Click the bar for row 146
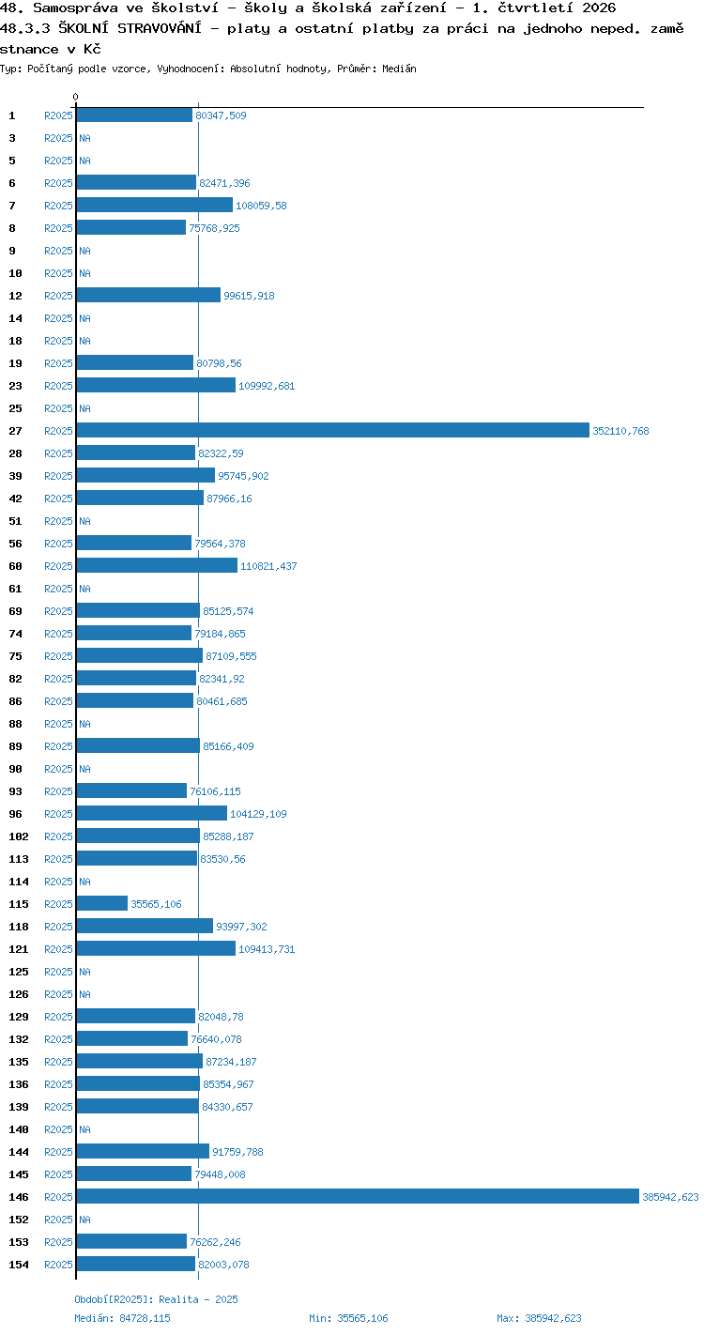pyautogui.click(x=358, y=1196)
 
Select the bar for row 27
pyautogui.click(x=332, y=430)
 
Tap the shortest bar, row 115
pyautogui.click(x=102, y=903)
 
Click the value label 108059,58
pyautogui.click(x=261, y=206)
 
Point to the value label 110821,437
pyautogui.click(x=268, y=566)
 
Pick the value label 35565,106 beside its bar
pyautogui.click(x=156, y=904)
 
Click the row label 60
pyautogui.click(x=16, y=566)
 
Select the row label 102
pyautogui.click(x=19, y=836)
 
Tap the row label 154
pyautogui.click(x=19, y=1264)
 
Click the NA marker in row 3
pyautogui.click(x=84, y=138)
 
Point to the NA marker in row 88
pyautogui.click(x=84, y=724)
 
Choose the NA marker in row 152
pyautogui.click(x=84, y=1219)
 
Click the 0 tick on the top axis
pyautogui.click(x=76, y=97)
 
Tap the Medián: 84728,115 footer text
pyautogui.click(x=122, y=1318)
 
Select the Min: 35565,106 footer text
pyautogui.click(x=348, y=1318)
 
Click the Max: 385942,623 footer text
pyautogui.click(x=539, y=1318)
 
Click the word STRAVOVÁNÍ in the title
pyautogui.click(x=160, y=28)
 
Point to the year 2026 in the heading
pyautogui.click(x=599, y=8)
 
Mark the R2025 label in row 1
pyautogui.click(x=58, y=115)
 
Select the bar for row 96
pyautogui.click(x=152, y=814)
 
